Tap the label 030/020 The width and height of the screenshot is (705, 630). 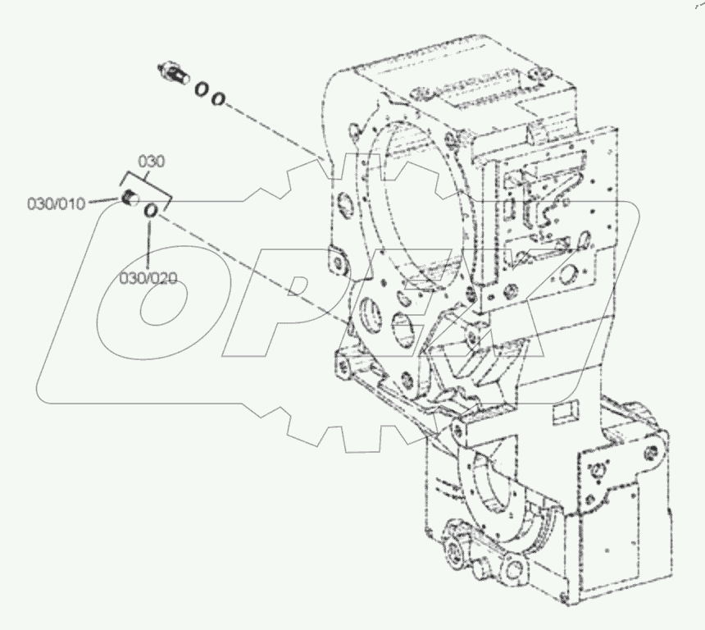[x=148, y=278]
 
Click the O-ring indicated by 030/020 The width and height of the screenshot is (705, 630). [x=151, y=212]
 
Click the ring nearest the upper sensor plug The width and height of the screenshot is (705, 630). [x=201, y=89]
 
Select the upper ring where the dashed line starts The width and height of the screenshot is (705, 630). [x=217, y=98]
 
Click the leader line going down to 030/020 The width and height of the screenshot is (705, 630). [x=148, y=243]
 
